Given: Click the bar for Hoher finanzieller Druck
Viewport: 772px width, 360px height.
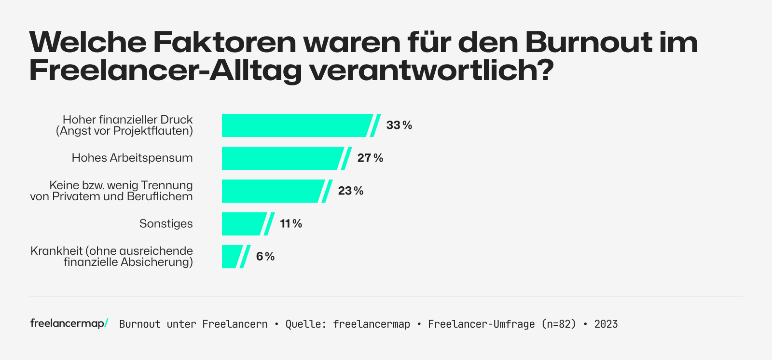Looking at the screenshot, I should coord(295,125).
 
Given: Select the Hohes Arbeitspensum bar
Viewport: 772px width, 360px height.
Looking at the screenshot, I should coord(281,158).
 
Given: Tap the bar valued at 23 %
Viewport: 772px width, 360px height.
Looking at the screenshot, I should coord(271,191).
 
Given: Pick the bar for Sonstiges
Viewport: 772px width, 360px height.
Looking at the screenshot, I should coord(242,224).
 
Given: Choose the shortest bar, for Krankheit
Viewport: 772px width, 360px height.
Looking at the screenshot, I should coord(231,257).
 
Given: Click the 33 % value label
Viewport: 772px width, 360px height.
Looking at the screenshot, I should coord(399,125).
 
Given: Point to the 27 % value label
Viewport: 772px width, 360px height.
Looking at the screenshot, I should coord(370,158).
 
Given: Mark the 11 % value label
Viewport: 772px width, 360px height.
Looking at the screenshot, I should coord(291,224).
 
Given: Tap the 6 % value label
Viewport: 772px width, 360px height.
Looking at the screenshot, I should coord(265,257).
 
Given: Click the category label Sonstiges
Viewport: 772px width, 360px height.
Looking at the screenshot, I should coord(166,224).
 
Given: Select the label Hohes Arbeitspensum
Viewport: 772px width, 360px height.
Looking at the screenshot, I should coord(132,158).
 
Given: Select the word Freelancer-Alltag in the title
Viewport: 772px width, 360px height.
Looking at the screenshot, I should coord(165,70).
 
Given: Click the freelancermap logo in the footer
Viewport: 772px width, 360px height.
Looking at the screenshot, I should coord(69,323).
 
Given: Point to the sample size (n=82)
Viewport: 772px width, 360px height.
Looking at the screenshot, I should coord(559,324).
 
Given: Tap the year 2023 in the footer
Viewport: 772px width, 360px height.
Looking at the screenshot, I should coord(606,324).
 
